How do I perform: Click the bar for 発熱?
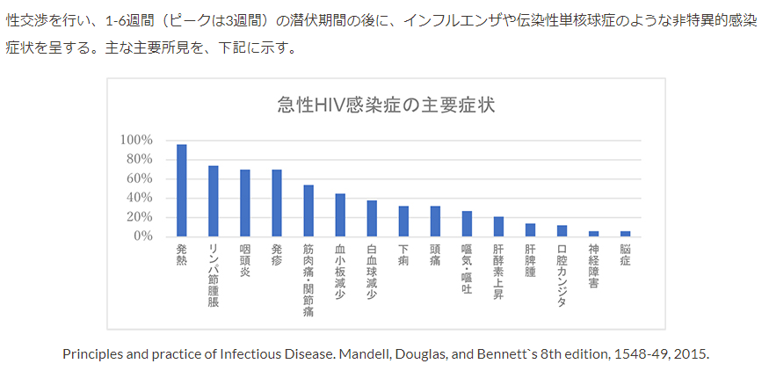(x=182, y=191)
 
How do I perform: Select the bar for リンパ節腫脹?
(x=214, y=201)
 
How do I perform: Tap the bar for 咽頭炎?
(x=245, y=203)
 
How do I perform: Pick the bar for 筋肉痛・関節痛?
(x=308, y=211)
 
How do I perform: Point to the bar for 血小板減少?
(x=340, y=215)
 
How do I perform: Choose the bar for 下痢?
(x=403, y=222)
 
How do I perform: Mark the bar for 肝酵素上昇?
(x=498, y=227)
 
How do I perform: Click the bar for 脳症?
(x=625, y=234)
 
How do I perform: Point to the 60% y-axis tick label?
(x=139, y=178)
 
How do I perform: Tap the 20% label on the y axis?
(x=139, y=217)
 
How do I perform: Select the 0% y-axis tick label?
(x=142, y=236)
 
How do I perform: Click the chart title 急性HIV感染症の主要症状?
(x=386, y=105)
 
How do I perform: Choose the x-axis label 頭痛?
(x=435, y=256)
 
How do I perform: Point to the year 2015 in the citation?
(x=690, y=354)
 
